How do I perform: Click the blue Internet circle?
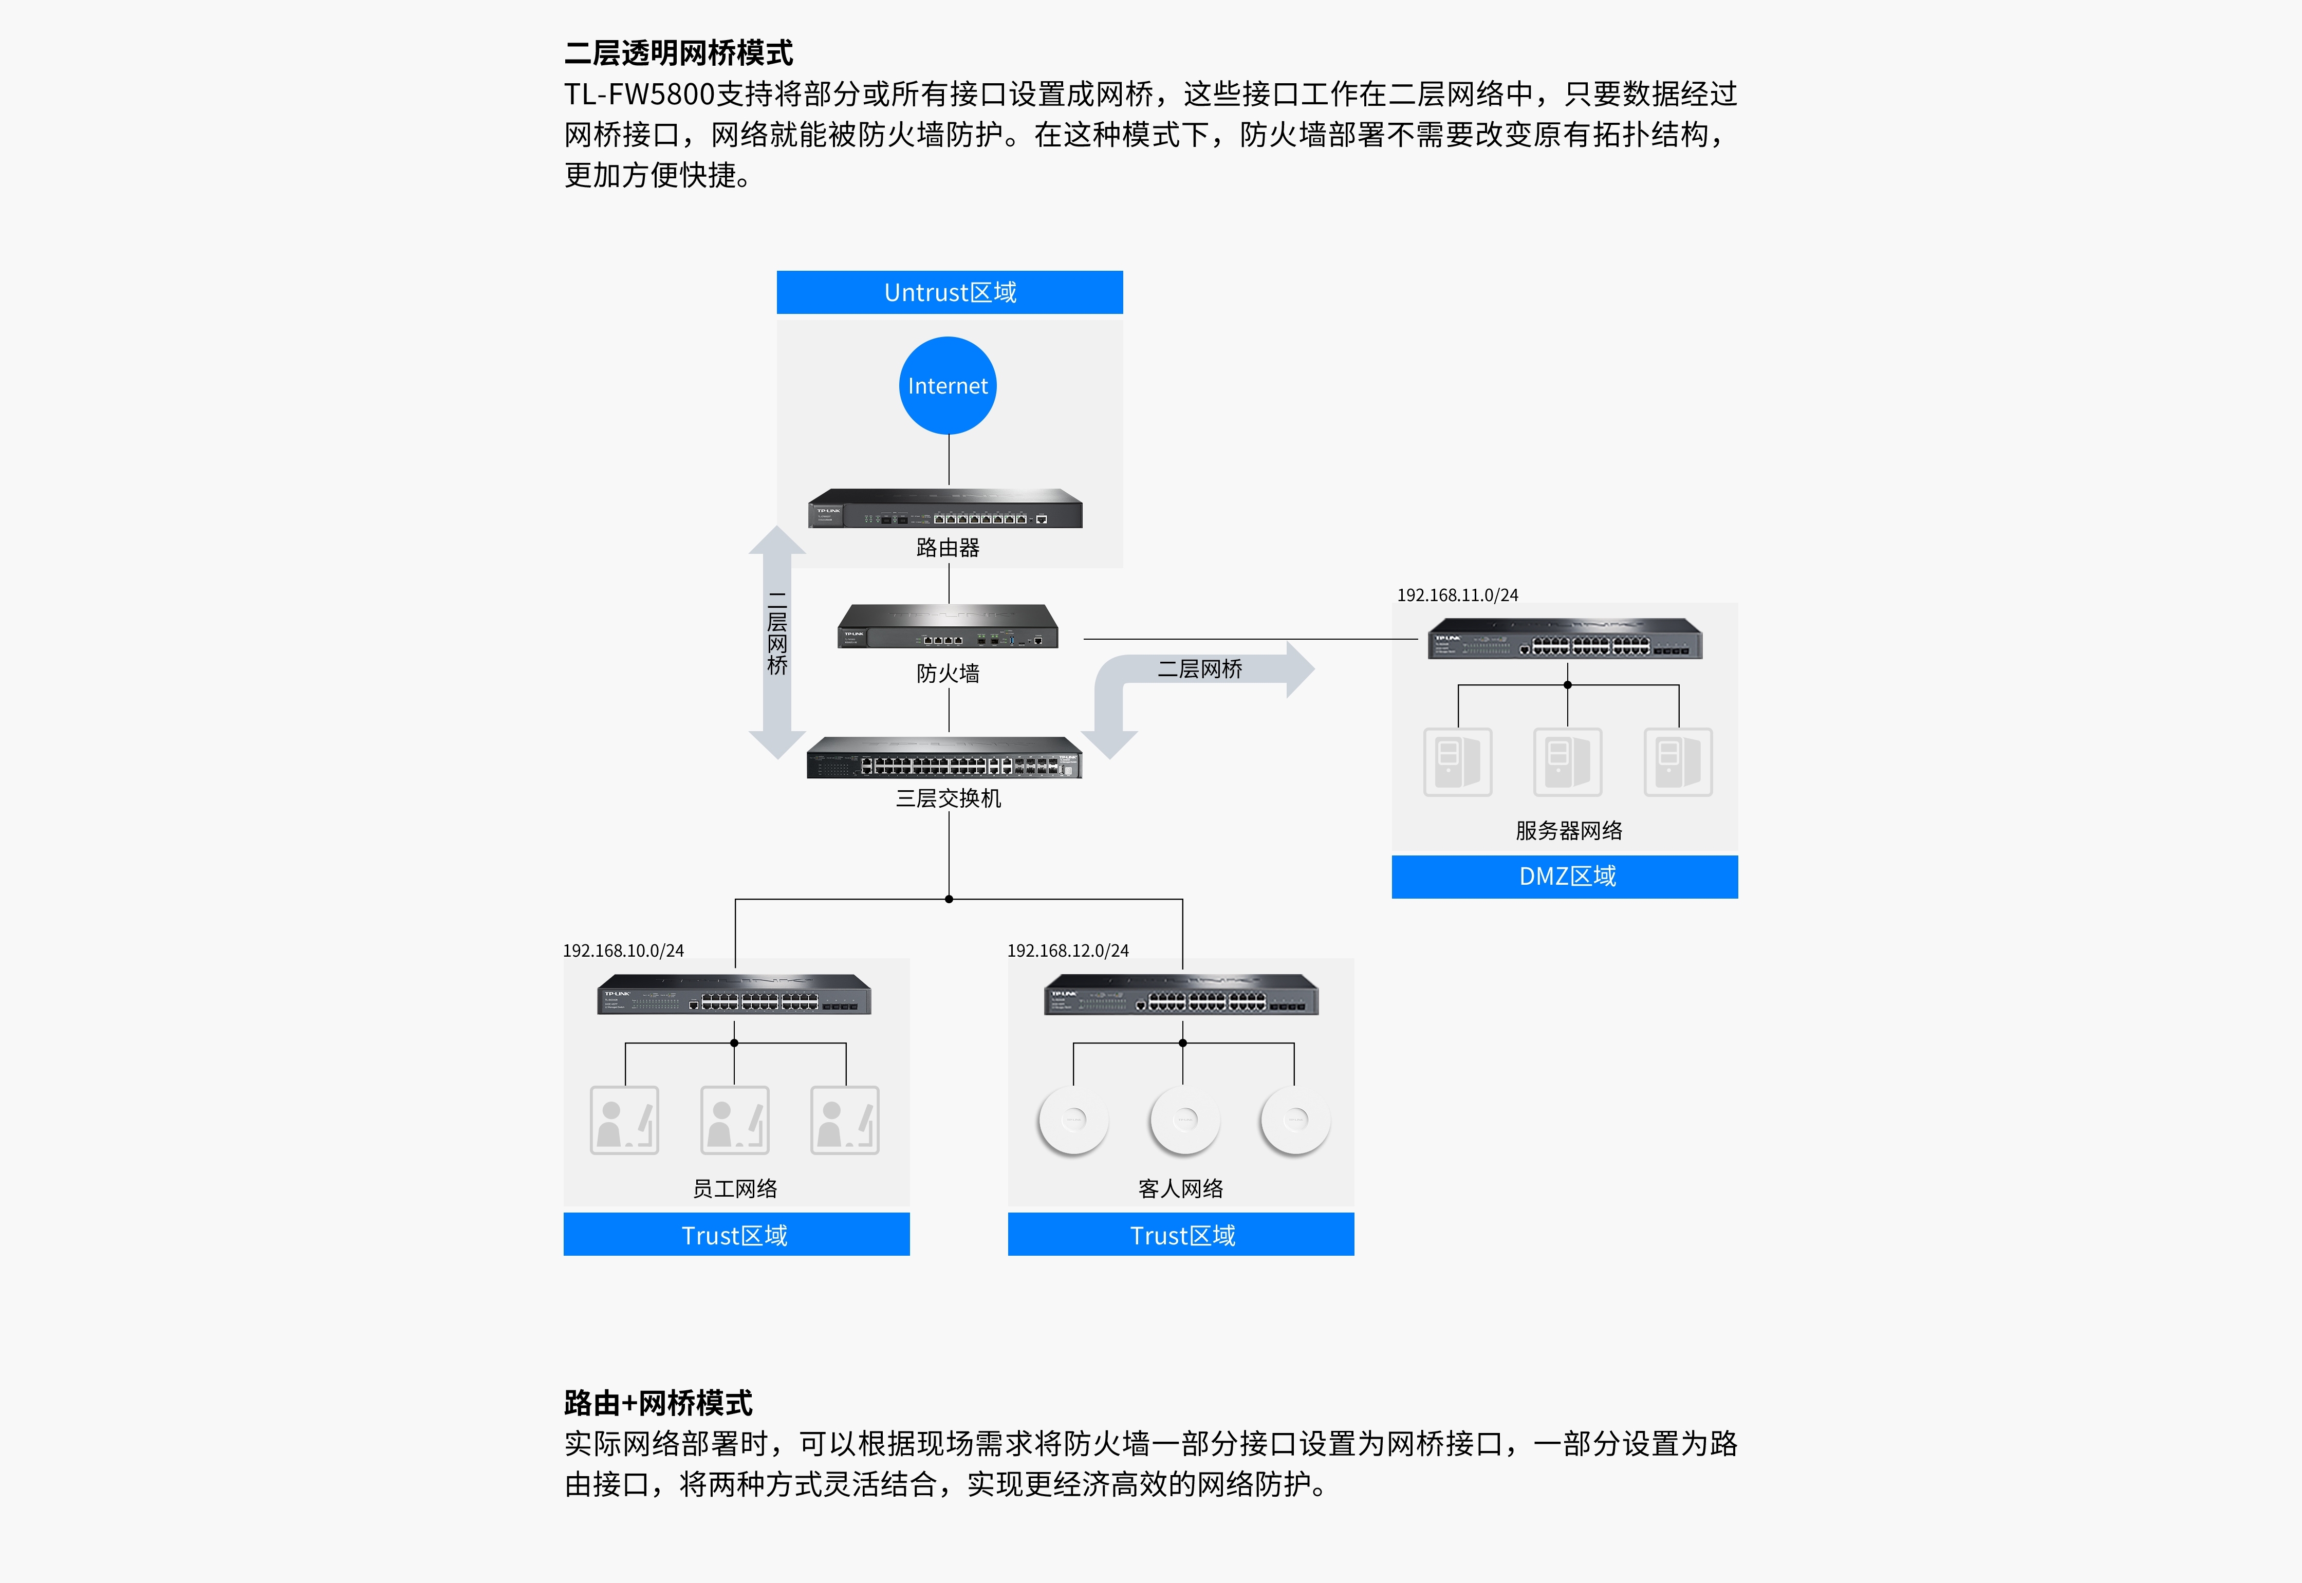[x=948, y=386]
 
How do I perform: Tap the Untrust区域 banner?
[x=949, y=292]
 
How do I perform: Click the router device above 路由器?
[x=945, y=508]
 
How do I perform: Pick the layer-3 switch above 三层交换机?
[x=944, y=758]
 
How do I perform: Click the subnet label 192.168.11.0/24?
[x=1457, y=595]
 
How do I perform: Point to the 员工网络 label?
[x=735, y=1188]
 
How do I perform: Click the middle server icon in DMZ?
[x=1567, y=762]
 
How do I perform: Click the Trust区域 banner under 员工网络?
[x=736, y=1235]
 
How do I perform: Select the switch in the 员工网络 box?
[x=734, y=995]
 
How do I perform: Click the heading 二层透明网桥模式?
[x=678, y=52]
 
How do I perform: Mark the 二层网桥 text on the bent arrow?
[x=1200, y=669]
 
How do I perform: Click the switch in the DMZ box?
[x=1565, y=639]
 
